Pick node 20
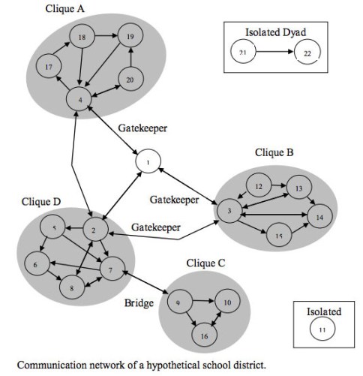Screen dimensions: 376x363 tap(131, 81)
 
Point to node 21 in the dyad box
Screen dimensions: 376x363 tap(243, 53)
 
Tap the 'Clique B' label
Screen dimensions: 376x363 tap(274, 152)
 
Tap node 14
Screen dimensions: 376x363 tap(319, 216)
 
